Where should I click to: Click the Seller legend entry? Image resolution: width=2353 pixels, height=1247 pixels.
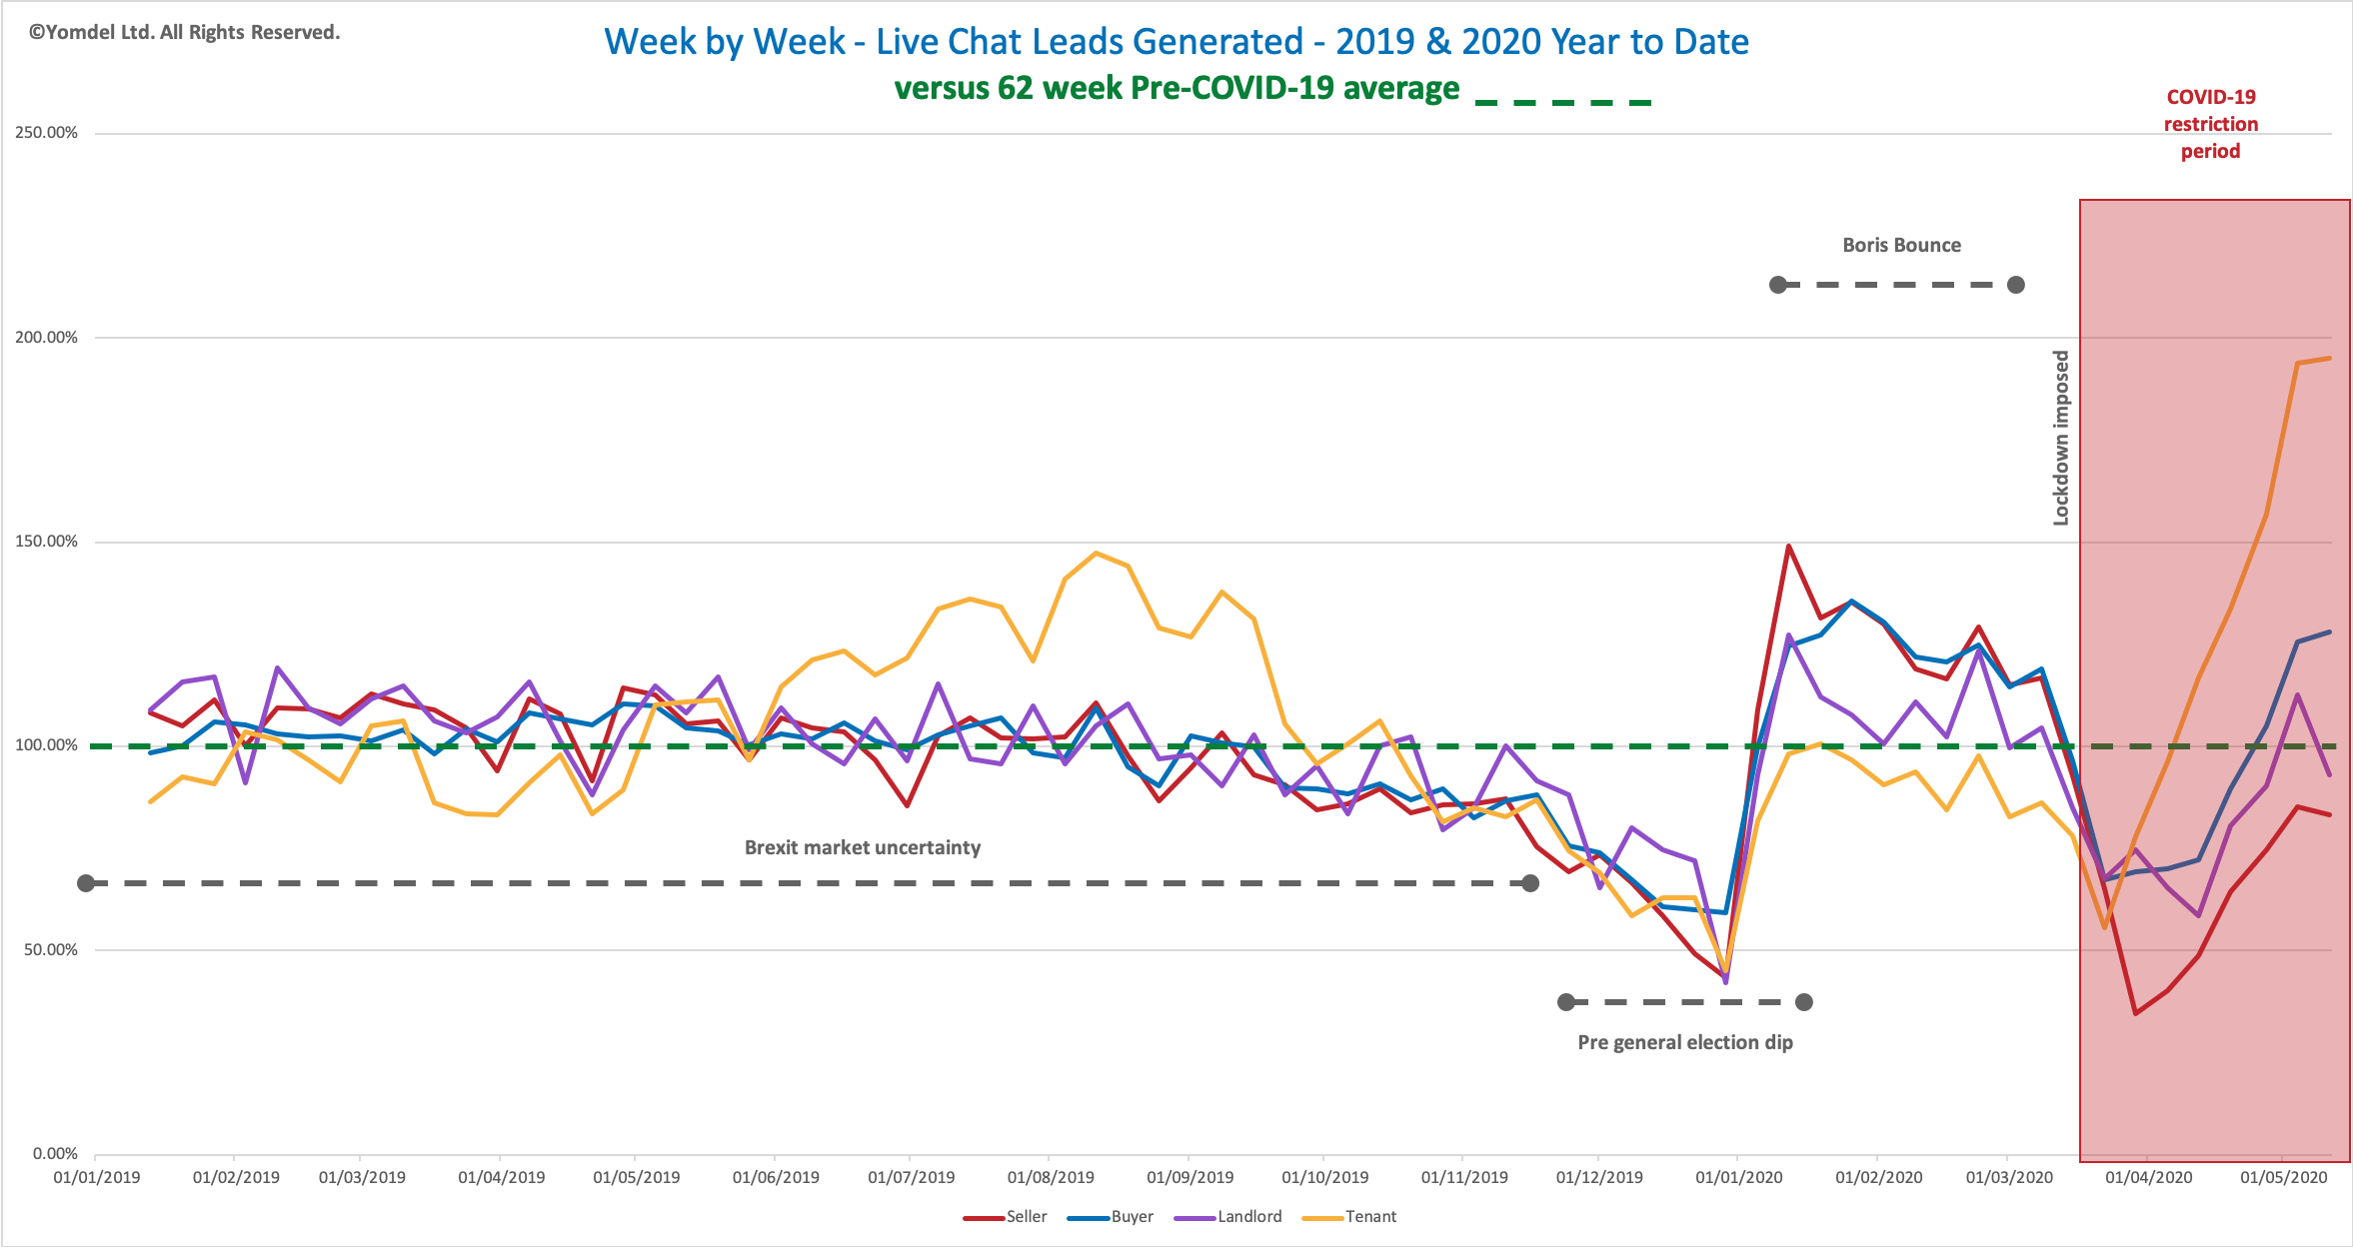click(x=1005, y=1217)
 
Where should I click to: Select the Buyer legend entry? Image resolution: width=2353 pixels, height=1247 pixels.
click(x=1110, y=1217)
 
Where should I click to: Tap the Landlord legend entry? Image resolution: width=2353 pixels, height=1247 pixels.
click(x=1227, y=1217)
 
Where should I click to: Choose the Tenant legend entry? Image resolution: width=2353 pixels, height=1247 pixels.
click(x=1349, y=1217)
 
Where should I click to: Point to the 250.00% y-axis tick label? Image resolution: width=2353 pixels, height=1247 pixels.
click(x=46, y=133)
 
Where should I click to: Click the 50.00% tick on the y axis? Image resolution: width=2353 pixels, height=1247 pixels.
click(x=51, y=949)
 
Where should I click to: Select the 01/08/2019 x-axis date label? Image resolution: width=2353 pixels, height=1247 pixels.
click(x=1051, y=1177)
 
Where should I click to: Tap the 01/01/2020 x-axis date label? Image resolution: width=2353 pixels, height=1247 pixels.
click(x=1739, y=1177)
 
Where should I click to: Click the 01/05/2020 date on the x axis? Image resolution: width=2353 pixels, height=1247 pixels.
click(x=2284, y=1177)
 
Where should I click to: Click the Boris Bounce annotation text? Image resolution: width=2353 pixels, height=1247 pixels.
click(x=1901, y=245)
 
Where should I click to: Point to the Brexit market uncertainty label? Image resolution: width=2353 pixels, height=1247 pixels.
click(x=863, y=847)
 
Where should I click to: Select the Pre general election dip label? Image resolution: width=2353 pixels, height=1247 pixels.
click(x=1685, y=1042)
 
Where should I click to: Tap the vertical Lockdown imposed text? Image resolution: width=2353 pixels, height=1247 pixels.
click(x=2060, y=438)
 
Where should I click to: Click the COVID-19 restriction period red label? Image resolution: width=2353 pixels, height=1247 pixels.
click(x=2211, y=124)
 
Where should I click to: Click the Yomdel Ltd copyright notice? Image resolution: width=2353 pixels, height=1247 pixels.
click(x=185, y=32)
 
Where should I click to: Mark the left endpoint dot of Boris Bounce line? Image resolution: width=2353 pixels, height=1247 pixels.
click(x=1778, y=285)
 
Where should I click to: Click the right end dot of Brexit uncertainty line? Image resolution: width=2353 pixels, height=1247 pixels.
click(x=1530, y=883)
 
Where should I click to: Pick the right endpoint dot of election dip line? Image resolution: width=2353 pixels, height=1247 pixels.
click(x=1804, y=1002)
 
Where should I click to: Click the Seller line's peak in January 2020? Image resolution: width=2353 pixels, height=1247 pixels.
click(x=1788, y=546)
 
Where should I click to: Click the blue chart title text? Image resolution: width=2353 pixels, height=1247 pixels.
click(x=1176, y=42)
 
